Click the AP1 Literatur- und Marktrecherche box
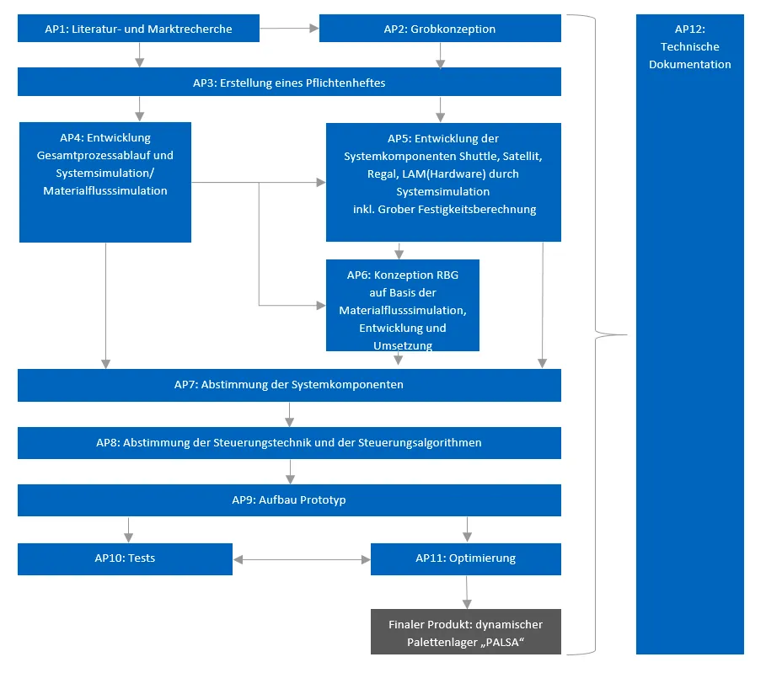pos(139,29)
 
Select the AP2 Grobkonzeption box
pos(439,29)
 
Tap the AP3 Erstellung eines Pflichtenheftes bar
pos(289,83)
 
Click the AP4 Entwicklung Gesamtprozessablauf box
pos(105,182)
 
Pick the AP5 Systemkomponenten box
pos(443,182)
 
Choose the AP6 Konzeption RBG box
pos(403,305)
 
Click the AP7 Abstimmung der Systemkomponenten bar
pos(289,385)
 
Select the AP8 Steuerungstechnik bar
pos(289,443)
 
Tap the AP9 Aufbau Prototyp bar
pos(289,500)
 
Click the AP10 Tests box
pos(125,558)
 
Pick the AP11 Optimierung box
pos(465,558)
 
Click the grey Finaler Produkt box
pos(465,632)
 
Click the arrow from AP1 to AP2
pos(289,29)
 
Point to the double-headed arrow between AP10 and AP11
pos(301,559)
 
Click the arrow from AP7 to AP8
pos(290,414)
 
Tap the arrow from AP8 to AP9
pos(290,472)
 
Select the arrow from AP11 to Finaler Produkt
pos(466,592)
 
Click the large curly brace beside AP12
pos(598,334)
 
